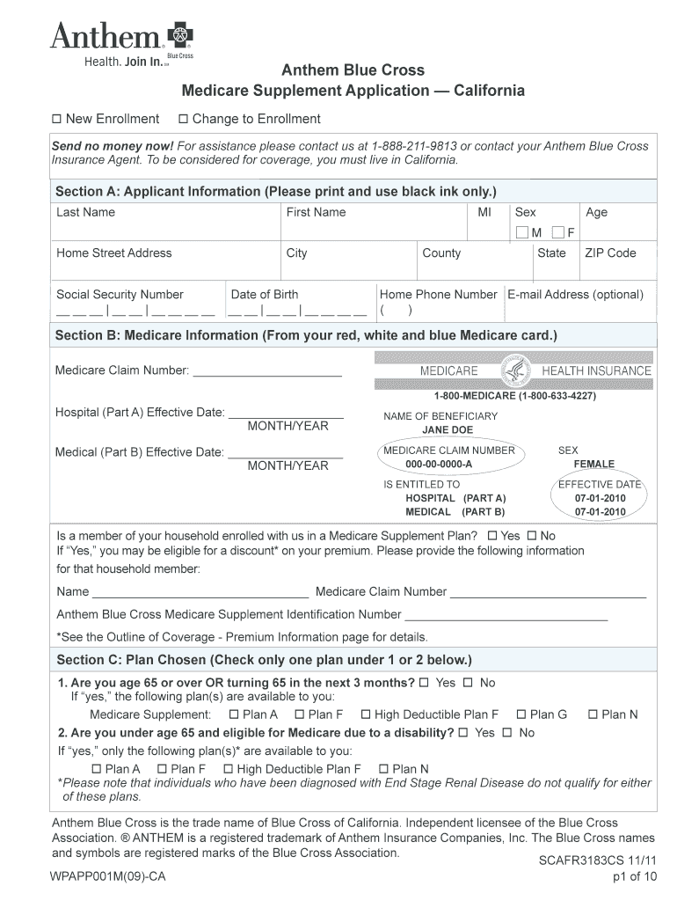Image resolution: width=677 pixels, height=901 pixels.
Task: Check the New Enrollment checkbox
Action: [x=57, y=120]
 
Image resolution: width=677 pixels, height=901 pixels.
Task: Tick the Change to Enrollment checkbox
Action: [x=183, y=120]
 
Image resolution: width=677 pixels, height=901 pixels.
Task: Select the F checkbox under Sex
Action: [x=558, y=232]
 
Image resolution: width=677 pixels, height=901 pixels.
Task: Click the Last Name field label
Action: [x=85, y=212]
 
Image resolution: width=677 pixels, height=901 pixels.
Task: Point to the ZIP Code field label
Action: [x=610, y=253]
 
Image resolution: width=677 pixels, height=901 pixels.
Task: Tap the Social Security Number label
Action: [x=120, y=295]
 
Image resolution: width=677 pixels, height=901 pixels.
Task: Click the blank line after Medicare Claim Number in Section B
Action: [x=267, y=370]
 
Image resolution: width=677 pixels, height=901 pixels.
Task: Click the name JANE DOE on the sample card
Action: [x=448, y=430]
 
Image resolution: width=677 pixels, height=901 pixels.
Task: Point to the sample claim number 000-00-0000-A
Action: [x=439, y=464]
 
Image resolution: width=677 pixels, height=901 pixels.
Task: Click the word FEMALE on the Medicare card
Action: [x=594, y=464]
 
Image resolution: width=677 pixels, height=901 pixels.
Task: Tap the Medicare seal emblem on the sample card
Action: [x=515, y=370]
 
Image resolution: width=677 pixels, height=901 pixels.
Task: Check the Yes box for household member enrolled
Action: [x=492, y=536]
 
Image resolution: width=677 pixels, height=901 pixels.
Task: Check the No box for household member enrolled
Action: [x=531, y=536]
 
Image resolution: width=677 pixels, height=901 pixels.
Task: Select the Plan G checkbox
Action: [x=521, y=715]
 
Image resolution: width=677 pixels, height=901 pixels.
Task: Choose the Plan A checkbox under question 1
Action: [x=234, y=715]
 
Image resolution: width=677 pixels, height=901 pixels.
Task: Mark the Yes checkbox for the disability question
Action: [x=466, y=733]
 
